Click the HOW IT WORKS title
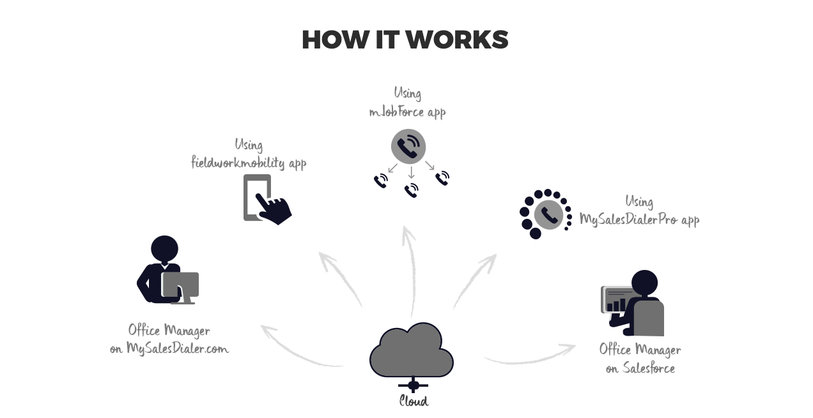pyautogui.click(x=405, y=40)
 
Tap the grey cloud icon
pyautogui.click(x=411, y=350)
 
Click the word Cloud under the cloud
pyautogui.click(x=414, y=401)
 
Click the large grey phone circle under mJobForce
pyautogui.click(x=408, y=146)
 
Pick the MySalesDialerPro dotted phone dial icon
pyautogui.click(x=545, y=214)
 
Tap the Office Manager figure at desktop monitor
pyautogui.click(x=168, y=271)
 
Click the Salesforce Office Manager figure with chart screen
pyautogui.click(x=633, y=302)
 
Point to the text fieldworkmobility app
pyautogui.click(x=249, y=163)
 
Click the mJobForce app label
pyautogui.click(x=407, y=112)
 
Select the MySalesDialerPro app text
pyautogui.click(x=639, y=220)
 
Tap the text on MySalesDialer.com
pyautogui.click(x=169, y=348)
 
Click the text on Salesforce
pyautogui.click(x=640, y=368)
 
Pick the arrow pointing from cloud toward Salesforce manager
pyautogui.click(x=530, y=355)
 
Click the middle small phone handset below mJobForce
pyautogui.click(x=412, y=190)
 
